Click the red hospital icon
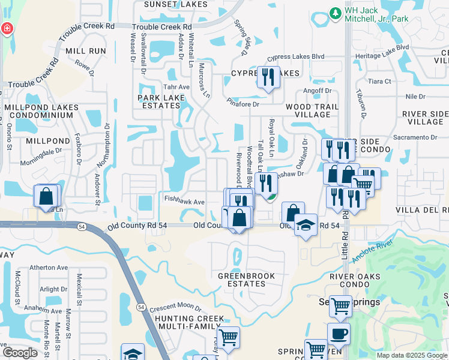tap(7, 28)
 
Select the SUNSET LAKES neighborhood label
tap(169, 4)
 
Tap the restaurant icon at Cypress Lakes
tap(268, 77)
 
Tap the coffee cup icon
tap(339, 334)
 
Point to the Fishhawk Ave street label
tap(185, 202)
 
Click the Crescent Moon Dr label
tap(175, 307)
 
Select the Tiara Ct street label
tap(379, 81)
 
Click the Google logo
tap(20, 353)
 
